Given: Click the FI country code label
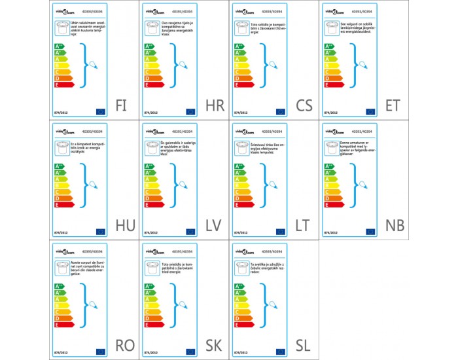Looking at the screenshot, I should pyautogui.click(x=122, y=105).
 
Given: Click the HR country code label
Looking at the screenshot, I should pyautogui.click(x=213, y=105).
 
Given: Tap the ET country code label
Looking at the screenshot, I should pyautogui.click(x=395, y=105).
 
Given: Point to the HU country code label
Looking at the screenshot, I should pyautogui.click(x=125, y=226).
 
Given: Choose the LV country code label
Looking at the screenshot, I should pyautogui.click(x=213, y=226).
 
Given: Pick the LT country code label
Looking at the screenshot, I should pyautogui.click(x=302, y=226).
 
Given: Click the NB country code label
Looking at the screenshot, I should pyautogui.click(x=395, y=226).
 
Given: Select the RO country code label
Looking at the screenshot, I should pyautogui.click(x=125, y=346).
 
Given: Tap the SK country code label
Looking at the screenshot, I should pyautogui.click(x=213, y=346).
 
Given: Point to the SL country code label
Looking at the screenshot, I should pyautogui.click(x=302, y=346).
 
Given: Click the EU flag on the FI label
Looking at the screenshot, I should pyautogui.click(x=101, y=112).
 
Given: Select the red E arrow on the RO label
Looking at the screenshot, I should pyautogui.click(x=63, y=325).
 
